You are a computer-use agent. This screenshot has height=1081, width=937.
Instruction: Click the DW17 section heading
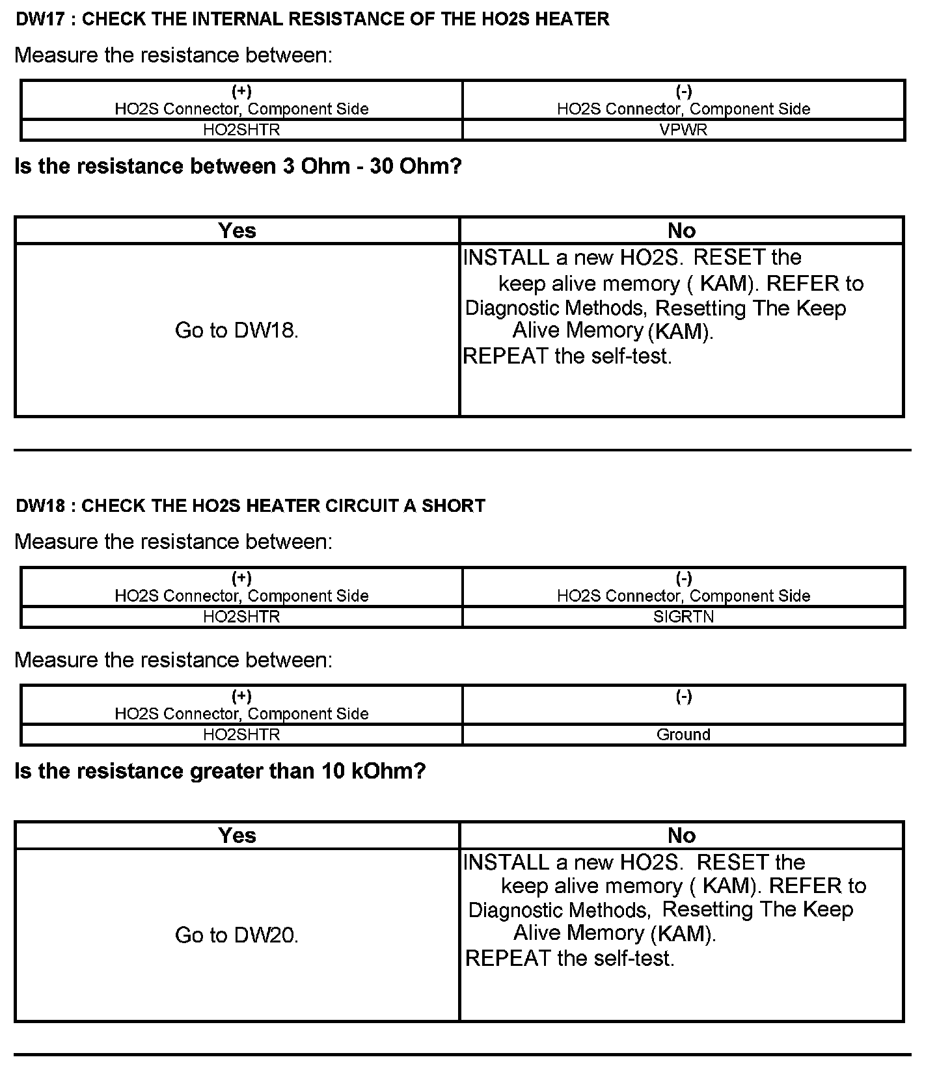tap(312, 20)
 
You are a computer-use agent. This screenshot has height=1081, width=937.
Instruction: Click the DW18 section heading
tap(251, 506)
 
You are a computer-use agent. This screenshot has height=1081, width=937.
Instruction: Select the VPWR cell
tap(683, 129)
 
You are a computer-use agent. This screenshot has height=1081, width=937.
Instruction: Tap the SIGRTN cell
tap(683, 616)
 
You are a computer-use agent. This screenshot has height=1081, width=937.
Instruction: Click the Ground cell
tap(683, 734)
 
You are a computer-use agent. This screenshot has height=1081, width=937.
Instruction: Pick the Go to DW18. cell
tap(237, 330)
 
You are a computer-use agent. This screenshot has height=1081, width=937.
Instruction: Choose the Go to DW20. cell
tap(237, 935)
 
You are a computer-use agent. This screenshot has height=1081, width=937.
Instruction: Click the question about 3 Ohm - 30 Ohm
tap(238, 167)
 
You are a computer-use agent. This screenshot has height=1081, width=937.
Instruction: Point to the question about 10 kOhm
tap(220, 771)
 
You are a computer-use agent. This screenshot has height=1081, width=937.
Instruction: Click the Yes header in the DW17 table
tap(237, 230)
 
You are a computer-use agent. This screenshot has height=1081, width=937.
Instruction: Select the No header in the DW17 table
tap(681, 230)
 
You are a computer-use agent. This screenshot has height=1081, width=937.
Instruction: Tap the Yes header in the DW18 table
tap(237, 835)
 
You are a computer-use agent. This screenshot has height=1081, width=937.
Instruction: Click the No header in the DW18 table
tap(681, 835)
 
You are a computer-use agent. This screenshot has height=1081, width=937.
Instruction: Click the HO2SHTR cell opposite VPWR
tap(241, 129)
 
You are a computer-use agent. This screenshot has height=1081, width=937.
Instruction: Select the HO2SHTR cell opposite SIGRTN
tap(241, 616)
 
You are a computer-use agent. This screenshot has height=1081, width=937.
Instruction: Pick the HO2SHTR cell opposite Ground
tap(241, 734)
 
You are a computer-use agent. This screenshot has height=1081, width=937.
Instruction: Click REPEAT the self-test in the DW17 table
tap(567, 356)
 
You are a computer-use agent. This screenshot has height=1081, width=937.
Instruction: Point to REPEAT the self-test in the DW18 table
tap(569, 958)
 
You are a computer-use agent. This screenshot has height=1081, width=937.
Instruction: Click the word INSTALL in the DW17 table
tap(506, 258)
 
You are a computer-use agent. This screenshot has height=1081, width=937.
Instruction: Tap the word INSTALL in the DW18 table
tap(506, 862)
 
